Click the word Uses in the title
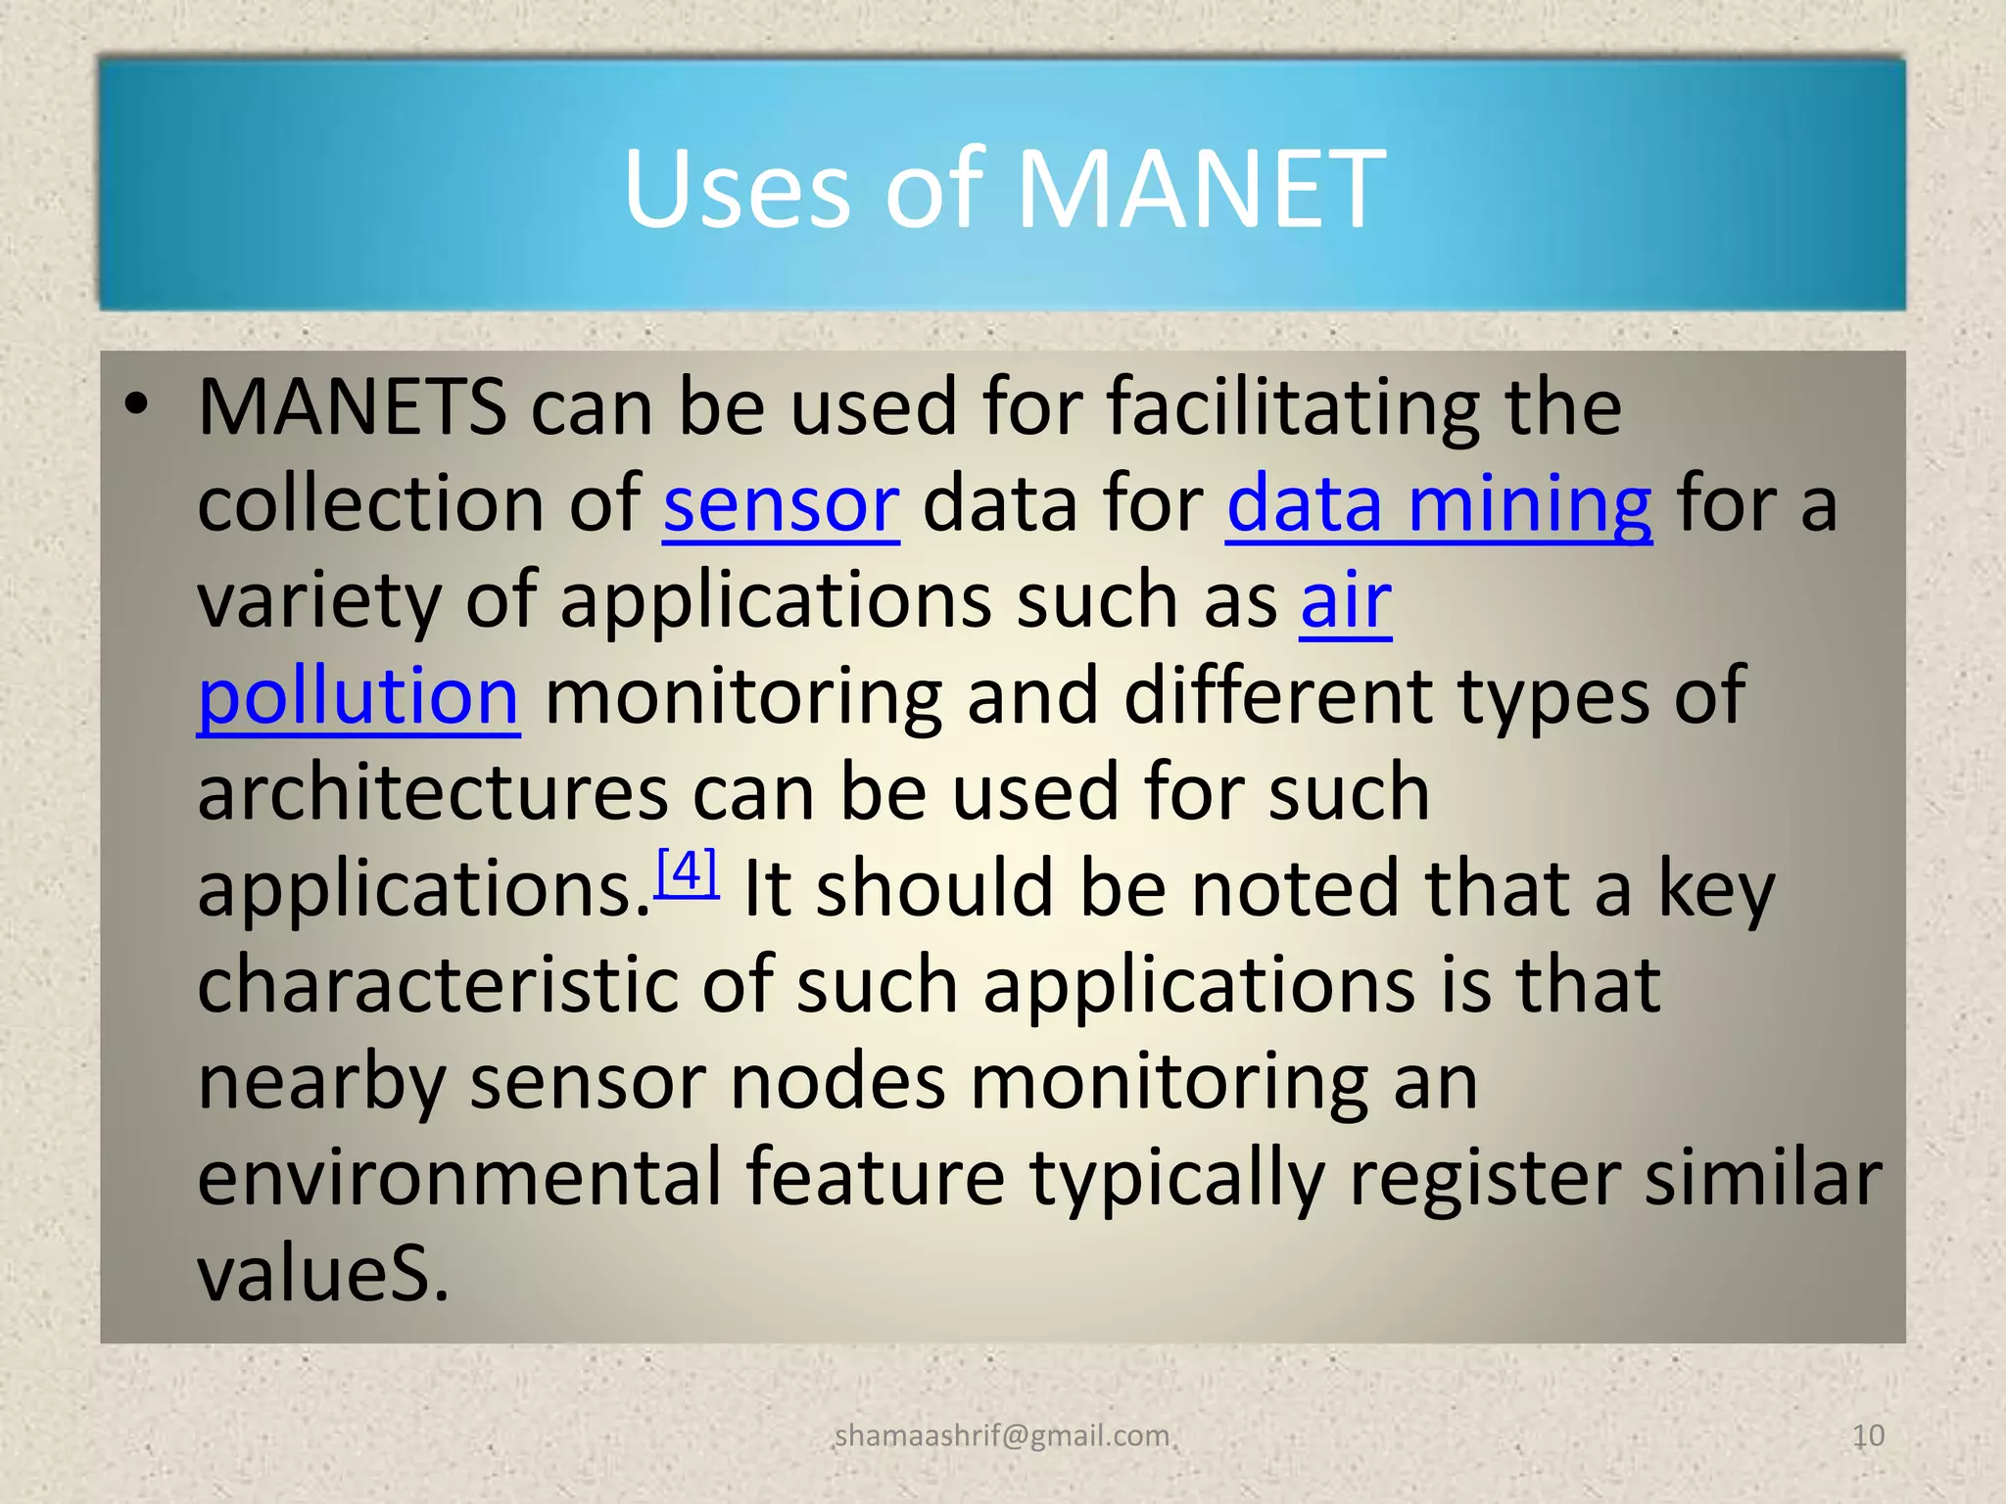coord(737,188)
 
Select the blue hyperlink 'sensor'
coord(781,504)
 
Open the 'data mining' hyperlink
coord(1439,504)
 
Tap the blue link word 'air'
coord(1346,600)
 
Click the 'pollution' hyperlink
coord(358,696)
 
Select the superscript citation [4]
coord(687,869)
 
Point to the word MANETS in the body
coord(352,407)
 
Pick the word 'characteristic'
coord(437,985)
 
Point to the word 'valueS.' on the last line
coord(323,1274)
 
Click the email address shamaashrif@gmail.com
coord(1002,1435)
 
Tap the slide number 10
coord(1868,1435)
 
